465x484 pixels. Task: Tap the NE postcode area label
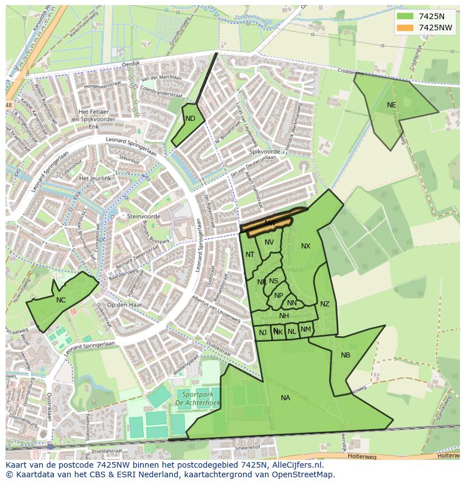pyautogui.click(x=391, y=105)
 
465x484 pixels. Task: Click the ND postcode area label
pyautogui.click(x=190, y=119)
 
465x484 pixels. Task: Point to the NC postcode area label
pyautogui.click(x=61, y=300)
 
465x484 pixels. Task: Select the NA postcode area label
pyautogui.click(x=285, y=398)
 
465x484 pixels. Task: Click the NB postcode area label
pyautogui.click(x=345, y=355)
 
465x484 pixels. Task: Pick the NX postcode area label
pyautogui.click(x=306, y=246)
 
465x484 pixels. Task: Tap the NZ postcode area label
pyautogui.click(x=325, y=304)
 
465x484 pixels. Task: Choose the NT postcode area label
pyautogui.click(x=250, y=255)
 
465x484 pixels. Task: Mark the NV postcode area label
pyautogui.click(x=269, y=242)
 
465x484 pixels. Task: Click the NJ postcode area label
pyautogui.click(x=262, y=333)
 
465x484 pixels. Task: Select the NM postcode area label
pyautogui.click(x=306, y=329)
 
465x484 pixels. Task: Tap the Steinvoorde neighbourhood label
pyautogui.click(x=144, y=216)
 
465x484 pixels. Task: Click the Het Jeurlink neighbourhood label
pyautogui.click(x=95, y=178)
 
